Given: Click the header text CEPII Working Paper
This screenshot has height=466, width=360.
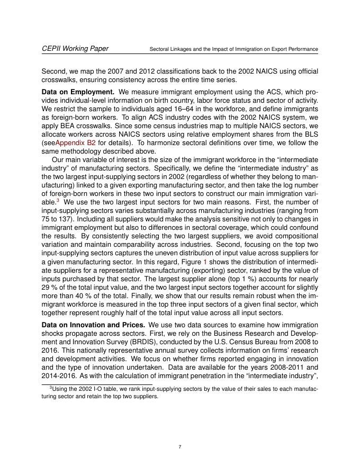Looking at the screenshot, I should (x=75, y=49).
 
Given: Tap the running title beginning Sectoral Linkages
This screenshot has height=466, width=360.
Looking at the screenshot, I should (x=233, y=49).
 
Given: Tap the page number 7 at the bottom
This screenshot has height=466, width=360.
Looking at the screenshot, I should (x=180, y=447).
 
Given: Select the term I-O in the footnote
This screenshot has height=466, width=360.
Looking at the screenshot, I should (x=89, y=389).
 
